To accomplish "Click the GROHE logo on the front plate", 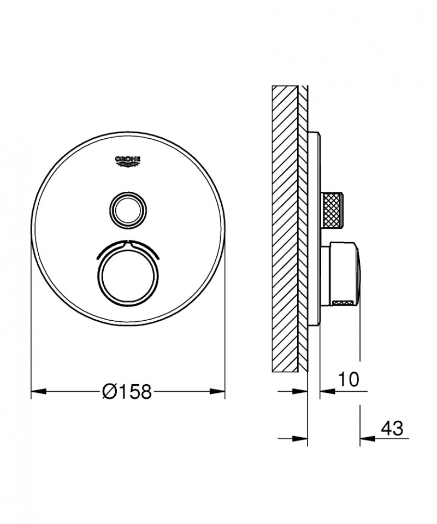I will (128, 159).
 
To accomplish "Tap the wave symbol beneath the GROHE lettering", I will (128, 162).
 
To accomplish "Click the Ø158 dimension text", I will (127, 391).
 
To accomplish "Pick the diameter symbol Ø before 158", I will (110, 391).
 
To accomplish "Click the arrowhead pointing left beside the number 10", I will (326, 391).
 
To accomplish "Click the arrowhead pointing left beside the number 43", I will (367, 438).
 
